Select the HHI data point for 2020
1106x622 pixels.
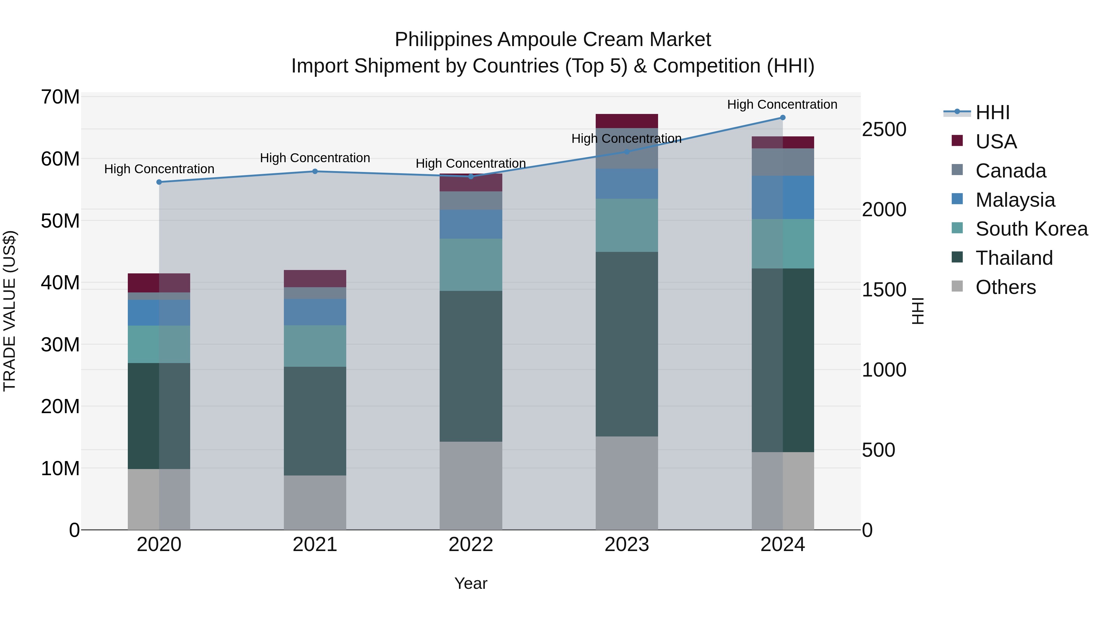pos(159,182)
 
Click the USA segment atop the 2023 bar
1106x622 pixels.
pos(626,121)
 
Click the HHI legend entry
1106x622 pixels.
pos(992,112)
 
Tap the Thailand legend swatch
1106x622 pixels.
pos(957,257)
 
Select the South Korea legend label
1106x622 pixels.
pos(1031,229)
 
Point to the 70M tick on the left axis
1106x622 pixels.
pos(60,97)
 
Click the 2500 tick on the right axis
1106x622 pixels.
pos(884,129)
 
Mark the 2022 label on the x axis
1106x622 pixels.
pos(471,545)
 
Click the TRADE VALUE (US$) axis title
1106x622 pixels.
pos(10,311)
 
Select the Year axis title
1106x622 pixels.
pos(471,583)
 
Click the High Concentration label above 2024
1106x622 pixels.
pos(782,104)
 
